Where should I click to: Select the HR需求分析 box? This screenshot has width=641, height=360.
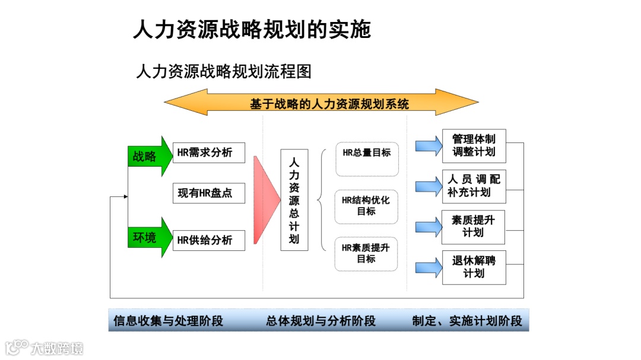click(x=209, y=152)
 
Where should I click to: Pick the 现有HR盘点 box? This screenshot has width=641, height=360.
click(x=209, y=193)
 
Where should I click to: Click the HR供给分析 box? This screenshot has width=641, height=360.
click(x=209, y=240)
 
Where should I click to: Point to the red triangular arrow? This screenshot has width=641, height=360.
click(x=265, y=200)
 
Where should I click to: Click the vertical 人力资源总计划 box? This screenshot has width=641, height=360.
click(x=294, y=200)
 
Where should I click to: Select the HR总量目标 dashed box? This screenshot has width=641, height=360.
click(x=367, y=158)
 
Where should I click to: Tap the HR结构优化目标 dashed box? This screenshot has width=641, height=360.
click(x=366, y=206)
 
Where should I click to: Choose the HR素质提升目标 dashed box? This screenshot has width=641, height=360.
click(x=366, y=254)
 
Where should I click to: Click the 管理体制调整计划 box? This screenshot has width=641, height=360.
click(x=474, y=146)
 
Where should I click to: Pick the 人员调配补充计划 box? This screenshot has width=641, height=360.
click(x=474, y=186)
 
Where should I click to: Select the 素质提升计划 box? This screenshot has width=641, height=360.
click(x=473, y=227)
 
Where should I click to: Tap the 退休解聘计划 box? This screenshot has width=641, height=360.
click(x=474, y=267)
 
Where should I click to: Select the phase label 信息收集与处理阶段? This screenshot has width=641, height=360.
click(x=169, y=321)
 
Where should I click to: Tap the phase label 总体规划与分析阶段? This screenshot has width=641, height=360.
click(x=321, y=321)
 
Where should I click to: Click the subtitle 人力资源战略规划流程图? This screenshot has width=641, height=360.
click(x=224, y=72)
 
